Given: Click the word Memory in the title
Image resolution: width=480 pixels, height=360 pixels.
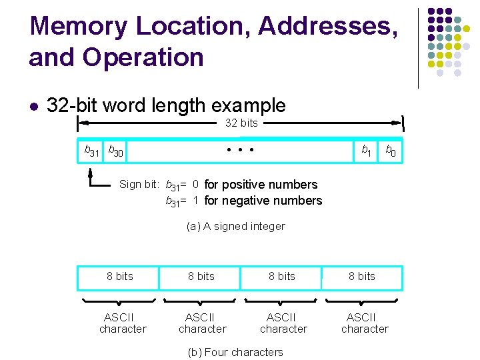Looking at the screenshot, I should click(x=79, y=27).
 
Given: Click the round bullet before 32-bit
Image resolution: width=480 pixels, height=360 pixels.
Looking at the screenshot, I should click(x=34, y=106).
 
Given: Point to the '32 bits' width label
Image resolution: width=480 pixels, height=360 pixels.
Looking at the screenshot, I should click(x=241, y=123).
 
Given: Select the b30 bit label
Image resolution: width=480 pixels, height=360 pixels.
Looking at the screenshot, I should click(x=115, y=152).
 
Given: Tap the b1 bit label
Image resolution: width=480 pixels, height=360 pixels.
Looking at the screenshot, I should click(x=366, y=151).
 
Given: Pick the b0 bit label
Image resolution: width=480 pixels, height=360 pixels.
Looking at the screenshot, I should click(x=391, y=151).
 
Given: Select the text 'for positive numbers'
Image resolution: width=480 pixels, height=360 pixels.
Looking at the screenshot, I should click(x=261, y=185).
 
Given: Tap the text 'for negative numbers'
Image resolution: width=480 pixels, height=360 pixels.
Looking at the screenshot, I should click(x=263, y=201).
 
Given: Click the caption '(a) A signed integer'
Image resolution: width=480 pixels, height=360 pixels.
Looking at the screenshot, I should click(x=236, y=227).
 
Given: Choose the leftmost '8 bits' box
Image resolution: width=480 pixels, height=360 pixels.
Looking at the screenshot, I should click(x=119, y=277).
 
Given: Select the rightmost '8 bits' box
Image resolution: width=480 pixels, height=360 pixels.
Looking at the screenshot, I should click(x=362, y=277).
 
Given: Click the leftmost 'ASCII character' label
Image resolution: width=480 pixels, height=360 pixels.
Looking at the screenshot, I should click(x=123, y=323).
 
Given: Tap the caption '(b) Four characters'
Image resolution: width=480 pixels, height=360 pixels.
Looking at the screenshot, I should click(x=235, y=352).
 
